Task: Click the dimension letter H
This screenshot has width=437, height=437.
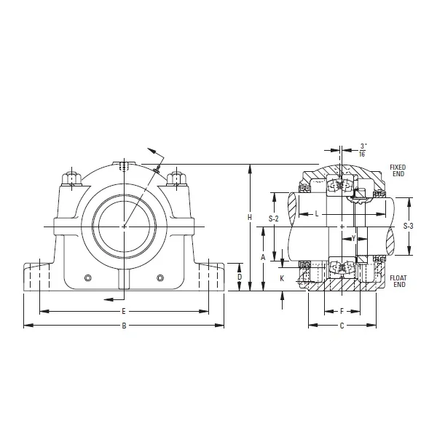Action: point(250,217)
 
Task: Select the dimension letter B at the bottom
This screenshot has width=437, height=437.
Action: point(124,326)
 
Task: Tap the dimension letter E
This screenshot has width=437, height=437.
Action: point(124,311)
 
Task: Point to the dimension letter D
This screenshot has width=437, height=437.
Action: point(239,277)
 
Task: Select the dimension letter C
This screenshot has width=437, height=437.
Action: point(342,326)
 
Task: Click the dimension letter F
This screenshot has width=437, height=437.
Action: point(342,311)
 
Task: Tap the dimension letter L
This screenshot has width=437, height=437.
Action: point(317,214)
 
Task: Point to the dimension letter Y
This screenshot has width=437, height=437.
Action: point(353,238)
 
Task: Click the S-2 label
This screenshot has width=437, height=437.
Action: point(274,219)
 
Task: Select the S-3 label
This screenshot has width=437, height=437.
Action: point(409,226)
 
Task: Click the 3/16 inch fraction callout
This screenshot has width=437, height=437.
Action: point(362,149)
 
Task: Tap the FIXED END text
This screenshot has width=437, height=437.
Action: point(398,171)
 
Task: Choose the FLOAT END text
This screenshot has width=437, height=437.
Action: point(398,282)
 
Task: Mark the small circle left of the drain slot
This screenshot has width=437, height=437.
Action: point(87,277)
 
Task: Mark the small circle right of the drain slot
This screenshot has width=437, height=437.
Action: point(160,277)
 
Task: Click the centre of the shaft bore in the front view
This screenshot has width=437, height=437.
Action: point(124,226)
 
